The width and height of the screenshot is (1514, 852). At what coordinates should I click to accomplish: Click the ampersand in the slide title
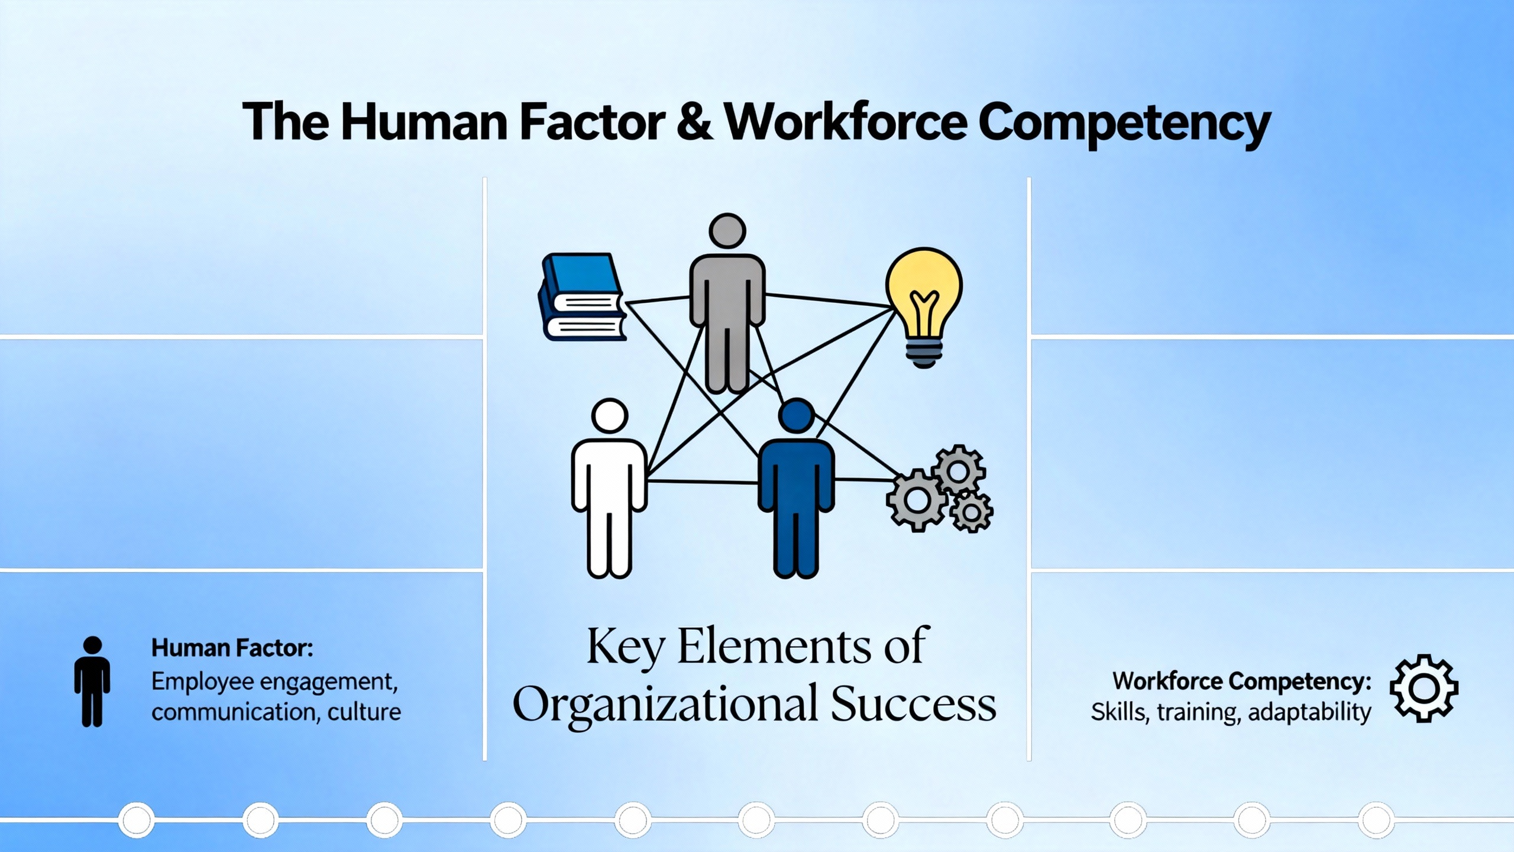pos(694,121)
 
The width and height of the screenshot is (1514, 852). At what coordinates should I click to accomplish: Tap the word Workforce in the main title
pos(846,121)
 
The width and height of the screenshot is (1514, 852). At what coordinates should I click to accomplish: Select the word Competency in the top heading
pos(1124,124)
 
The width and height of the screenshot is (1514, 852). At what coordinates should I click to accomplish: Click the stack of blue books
pos(583,297)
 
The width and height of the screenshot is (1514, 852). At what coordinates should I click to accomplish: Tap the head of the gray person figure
pos(727,231)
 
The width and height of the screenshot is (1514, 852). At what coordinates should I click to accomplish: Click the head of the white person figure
pos(609,415)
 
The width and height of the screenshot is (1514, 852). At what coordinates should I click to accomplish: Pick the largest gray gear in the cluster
pos(917,501)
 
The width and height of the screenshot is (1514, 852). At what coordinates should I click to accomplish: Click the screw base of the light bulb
pos(924,353)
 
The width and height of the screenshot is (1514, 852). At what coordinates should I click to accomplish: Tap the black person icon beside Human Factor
pos(92,682)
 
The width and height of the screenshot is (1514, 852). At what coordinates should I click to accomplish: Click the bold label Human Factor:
pos(232,648)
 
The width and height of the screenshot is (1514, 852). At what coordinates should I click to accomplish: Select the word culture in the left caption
pos(364,712)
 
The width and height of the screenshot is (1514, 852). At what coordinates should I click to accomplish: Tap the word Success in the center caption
pos(914,704)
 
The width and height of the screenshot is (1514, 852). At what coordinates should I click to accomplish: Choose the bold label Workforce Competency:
pos(1242,682)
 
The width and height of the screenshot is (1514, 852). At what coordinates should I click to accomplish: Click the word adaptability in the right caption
pos(1309,712)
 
